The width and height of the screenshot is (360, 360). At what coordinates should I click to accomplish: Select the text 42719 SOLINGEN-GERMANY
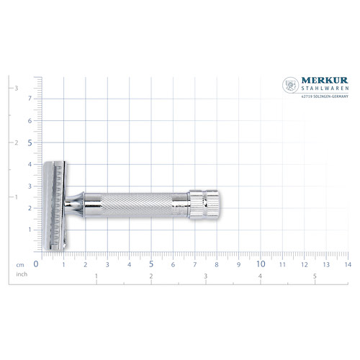click(x=323, y=103)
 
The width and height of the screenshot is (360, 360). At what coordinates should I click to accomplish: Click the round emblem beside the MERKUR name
click(x=290, y=86)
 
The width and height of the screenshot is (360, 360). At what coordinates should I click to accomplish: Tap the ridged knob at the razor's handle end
click(x=204, y=204)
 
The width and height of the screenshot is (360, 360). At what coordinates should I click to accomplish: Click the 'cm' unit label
click(x=22, y=264)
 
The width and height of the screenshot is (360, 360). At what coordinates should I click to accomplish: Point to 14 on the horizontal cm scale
click(x=348, y=264)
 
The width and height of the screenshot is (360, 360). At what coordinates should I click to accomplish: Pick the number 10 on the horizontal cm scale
click(x=261, y=264)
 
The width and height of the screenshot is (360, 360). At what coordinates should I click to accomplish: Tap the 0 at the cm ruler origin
click(x=36, y=264)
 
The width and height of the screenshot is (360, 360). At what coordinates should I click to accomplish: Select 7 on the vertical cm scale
click(x=30, y=99)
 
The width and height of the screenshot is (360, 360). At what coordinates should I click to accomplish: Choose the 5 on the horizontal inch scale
click(x=315, y=276)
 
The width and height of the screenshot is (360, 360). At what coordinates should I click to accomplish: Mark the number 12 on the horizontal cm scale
click(x=305, y=264)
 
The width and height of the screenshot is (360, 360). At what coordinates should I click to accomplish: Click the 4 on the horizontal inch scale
click(x=260, y=276)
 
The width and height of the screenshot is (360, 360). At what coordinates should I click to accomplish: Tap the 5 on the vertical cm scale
click(x=30, y=143)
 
